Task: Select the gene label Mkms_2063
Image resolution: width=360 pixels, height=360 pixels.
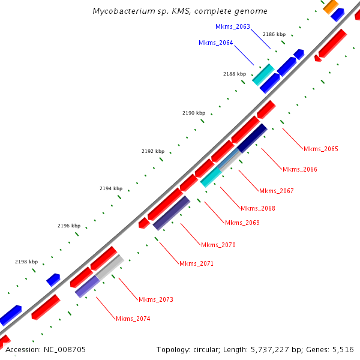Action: click(x=232, y=26)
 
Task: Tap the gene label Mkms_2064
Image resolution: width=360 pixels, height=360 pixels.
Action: click(x=215, y=43)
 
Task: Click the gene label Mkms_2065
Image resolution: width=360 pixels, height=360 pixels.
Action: click(x=321, y=149)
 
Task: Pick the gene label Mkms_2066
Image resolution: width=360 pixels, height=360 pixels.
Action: click(x=299, y=170)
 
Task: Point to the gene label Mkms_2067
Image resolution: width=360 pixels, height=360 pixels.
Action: click(x=277, y=191)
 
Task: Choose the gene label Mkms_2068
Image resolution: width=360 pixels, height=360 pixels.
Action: click(x=258, y=209)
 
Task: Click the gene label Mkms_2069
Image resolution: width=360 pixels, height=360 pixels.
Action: click(x=242, y=223)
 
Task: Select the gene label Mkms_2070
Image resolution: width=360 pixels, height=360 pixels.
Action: click(x=218, y=245)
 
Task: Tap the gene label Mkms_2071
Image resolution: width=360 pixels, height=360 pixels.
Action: click(x=196, y=264)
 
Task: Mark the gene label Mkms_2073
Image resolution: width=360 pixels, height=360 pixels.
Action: click(x=156, y=299)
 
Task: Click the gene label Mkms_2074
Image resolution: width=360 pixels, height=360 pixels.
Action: click(x=133, y=319)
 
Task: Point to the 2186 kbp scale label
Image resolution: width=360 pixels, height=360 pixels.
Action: click(x=274, y=35)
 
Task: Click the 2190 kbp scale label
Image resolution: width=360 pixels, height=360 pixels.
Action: click(x=194, y=113)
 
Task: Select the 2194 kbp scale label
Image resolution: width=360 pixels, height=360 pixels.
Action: click(x=111, y=188)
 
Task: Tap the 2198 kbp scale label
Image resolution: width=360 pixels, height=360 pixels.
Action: click(x=26, y=262)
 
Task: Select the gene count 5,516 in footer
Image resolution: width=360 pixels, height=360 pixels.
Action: click(x=342, y=349)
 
